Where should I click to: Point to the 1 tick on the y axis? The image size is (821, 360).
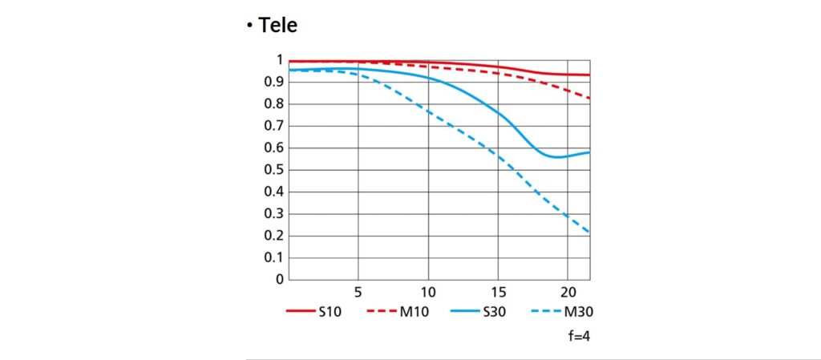[x=279, y=60]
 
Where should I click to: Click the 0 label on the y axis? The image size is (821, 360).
[x=279, y=280]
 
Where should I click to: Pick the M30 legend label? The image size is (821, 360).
[x=578, y=312]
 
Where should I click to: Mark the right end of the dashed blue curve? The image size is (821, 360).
[x=590, y=233]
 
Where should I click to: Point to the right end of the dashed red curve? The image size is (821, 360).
[x=590, y=98]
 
